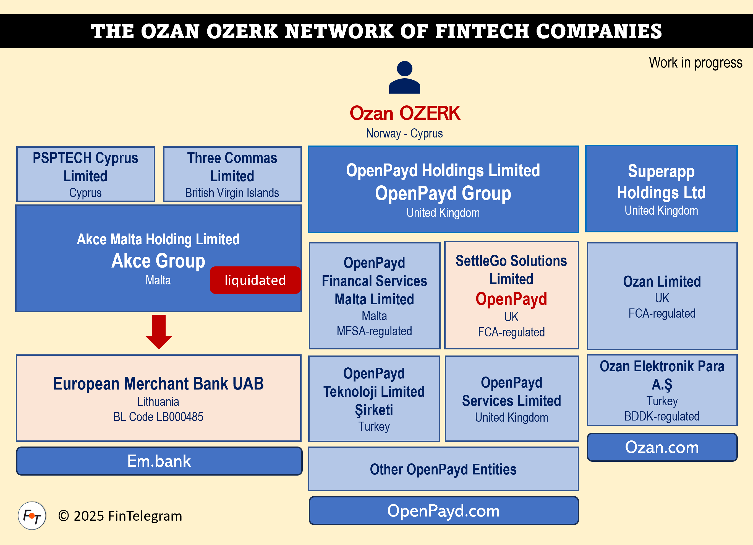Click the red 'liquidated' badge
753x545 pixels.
(x=255, y=280)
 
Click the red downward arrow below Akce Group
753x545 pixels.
(x=159, y=332)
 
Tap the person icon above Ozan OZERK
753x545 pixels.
(x=404, y=77)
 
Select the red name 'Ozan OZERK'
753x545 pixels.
(x=404, y=113)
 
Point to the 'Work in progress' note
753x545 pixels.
(x=695, y=63)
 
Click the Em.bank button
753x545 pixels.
(x=159, y=461)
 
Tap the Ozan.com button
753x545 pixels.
(x=662, y=447)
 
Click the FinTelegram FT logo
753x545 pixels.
(x=32, y=516)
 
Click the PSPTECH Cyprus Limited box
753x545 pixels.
(x=85, y=174)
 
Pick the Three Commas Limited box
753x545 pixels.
(x=232, y=174)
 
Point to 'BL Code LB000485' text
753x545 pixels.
(x=158, y=417)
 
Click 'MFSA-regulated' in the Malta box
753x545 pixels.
(x=374, y=331)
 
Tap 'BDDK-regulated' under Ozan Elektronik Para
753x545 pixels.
(x=662, y=416)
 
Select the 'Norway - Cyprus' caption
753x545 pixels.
(x=404, y=133)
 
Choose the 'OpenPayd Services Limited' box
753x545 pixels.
(x=511, y=398)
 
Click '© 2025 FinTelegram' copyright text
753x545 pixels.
(x=120, y=516)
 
